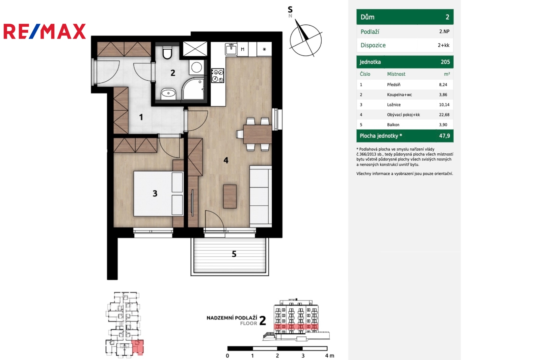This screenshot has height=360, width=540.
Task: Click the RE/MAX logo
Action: coord(45,31)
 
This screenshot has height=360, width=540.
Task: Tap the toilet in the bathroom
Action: coord(167,52)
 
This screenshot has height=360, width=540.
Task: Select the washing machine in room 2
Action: coord(196,67)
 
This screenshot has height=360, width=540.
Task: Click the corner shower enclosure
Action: coord(194,88)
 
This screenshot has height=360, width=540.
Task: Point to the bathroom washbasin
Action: coord(168,94)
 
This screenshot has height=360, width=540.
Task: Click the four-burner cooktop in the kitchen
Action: coord(217,75)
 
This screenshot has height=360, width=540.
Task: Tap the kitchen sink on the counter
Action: coord(231,49)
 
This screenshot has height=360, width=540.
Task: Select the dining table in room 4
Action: coord(258,134)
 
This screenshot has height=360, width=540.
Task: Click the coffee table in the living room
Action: coord(230,197)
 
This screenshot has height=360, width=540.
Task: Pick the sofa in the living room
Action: coord(261,196)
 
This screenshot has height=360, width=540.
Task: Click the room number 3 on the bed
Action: coord(155,193)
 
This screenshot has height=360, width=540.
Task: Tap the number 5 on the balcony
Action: coord(234,254)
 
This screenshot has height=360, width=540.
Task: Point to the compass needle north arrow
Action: coord(302,30)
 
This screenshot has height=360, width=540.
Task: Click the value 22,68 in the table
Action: coord(444,114)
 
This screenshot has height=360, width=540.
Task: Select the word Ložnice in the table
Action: coord(394,104)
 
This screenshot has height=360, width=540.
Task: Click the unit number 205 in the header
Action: coord(445,62)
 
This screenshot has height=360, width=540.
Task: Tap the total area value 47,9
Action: coord(444,136)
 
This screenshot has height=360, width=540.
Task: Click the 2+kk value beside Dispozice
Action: coord(443,45)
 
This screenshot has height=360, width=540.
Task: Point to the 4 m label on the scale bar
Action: coord(329,356)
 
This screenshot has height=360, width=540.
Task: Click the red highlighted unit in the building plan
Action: coord(138,347)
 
